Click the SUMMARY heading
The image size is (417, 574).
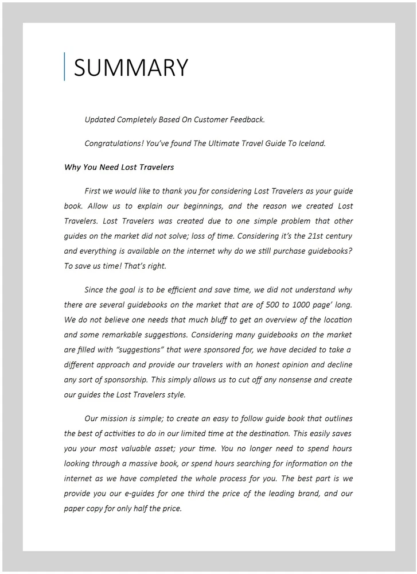(131, 68)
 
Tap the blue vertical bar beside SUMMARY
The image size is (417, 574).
(65, 67)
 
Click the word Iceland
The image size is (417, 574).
(311, 143)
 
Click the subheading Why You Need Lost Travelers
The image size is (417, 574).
(119, 168)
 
